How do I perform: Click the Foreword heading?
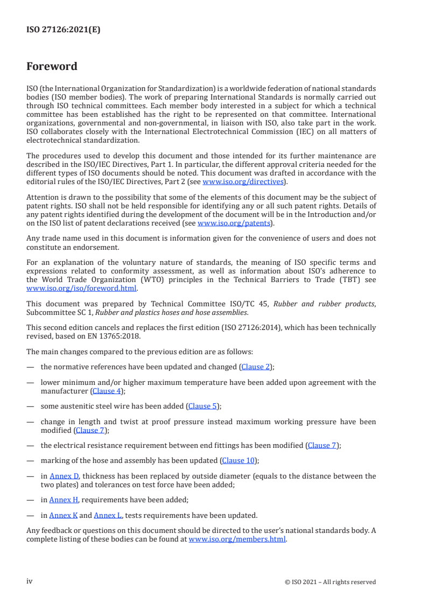tap(52, 67)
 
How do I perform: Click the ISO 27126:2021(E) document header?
tap(63, 30)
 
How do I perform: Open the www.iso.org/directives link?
tap(242, 181)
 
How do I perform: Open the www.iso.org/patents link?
tap(235, 223)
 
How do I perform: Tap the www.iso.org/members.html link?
tap(237, 539)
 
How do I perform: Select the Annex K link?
tap(63, 515)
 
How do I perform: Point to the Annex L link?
tap(107, 515)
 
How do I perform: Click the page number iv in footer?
tap(30, 581)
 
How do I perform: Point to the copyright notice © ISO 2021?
tap(330, 582)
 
